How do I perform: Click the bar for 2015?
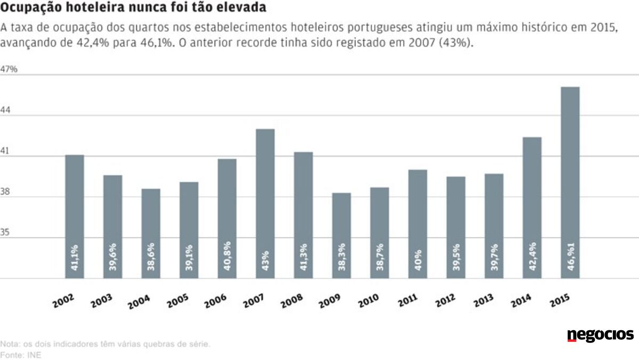coord(570,181)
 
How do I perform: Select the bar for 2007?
coord(265,202)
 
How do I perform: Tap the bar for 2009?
coord(341,234)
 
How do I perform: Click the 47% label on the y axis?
coord(9,69)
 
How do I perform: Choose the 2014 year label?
coord(520,301)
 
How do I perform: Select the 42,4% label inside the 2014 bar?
coord(532,257)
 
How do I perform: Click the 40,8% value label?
coord(227,259)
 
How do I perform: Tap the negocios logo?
coord(600,336)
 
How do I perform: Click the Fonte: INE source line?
coord(21,354)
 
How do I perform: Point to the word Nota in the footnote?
coord(9,344)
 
